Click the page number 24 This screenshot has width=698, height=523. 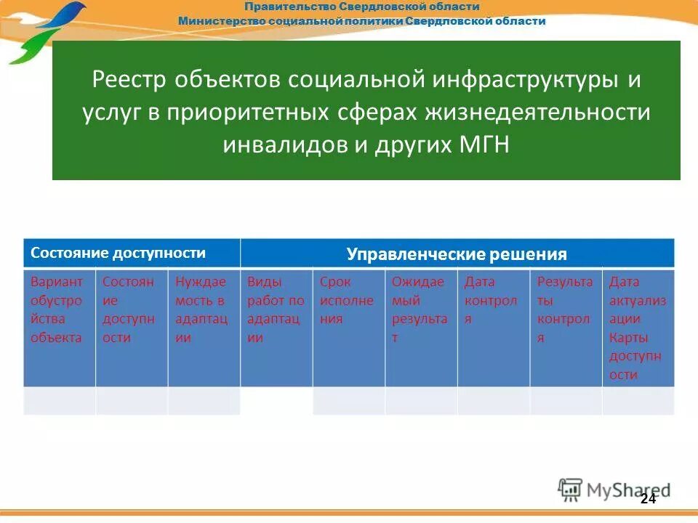[x=648, y=498]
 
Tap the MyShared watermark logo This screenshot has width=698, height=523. [x=614, y=490]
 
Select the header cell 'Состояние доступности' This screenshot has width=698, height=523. [x=132, y=254]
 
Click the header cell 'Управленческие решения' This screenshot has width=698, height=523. [x=457, y=254]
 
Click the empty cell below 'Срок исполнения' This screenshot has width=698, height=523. [x=348, y=401]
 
